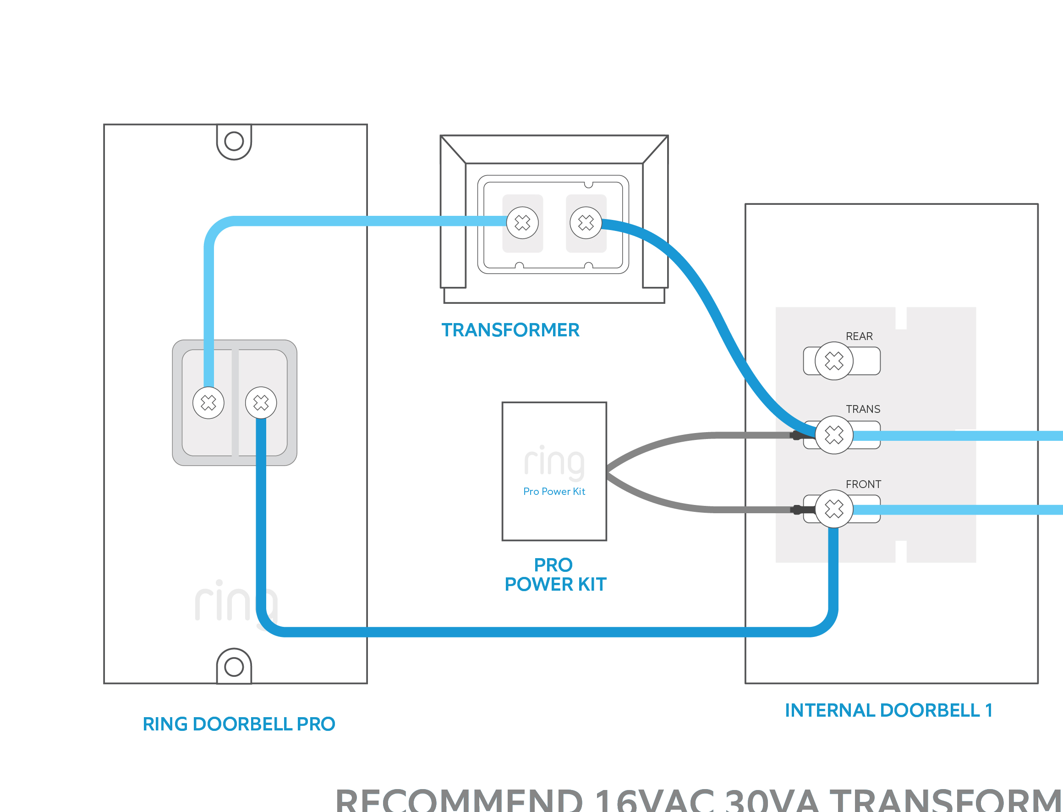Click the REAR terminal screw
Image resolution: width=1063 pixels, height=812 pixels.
point(834,361)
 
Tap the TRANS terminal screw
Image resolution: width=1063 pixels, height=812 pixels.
point(834,435)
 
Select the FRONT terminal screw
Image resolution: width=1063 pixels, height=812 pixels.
point(834,509)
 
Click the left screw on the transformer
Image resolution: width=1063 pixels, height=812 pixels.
point(522,223)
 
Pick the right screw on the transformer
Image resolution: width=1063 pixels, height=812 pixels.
point(586,223)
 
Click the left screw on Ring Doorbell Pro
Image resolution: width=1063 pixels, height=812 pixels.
point(208,403)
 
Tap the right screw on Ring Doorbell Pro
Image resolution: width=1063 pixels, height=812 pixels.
point(261,403)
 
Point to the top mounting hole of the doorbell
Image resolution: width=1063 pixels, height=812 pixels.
point(234,141)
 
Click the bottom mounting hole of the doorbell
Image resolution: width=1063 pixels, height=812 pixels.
point(234,667)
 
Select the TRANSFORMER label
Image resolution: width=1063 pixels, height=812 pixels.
point(510,330)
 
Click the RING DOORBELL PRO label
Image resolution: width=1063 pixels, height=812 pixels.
point(239,724)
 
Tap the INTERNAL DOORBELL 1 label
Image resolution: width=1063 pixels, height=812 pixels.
point(888,710)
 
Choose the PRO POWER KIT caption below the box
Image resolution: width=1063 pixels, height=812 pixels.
point(555,575)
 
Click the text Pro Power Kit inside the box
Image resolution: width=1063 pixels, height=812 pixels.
point(554,492)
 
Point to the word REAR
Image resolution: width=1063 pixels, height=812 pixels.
point(859,336)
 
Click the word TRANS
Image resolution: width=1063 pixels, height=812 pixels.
point(863,409)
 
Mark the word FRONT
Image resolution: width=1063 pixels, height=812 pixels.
point(863,484)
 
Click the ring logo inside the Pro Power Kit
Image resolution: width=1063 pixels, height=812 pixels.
point(554,462)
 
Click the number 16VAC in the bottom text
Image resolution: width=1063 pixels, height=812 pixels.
point(655,800)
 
